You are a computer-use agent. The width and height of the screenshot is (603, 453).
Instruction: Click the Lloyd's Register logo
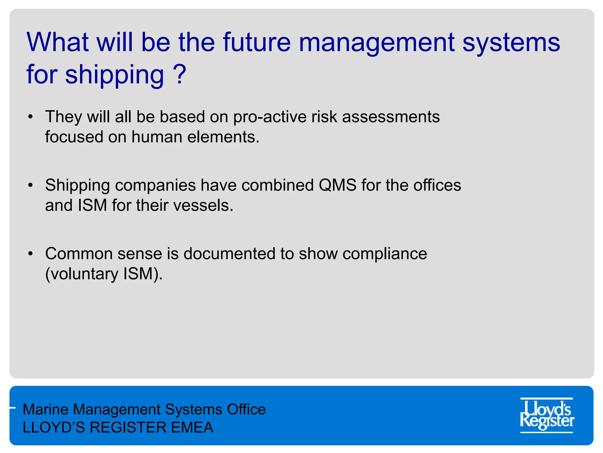547,415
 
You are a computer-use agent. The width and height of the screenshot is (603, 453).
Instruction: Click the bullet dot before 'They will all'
30,117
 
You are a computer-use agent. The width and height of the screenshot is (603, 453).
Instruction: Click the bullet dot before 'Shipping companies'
30,186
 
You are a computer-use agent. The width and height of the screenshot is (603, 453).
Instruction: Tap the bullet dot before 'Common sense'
30,254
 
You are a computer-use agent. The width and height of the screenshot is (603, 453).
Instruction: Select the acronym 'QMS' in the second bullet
337,186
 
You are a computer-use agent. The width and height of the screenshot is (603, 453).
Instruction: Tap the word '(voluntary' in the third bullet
82,274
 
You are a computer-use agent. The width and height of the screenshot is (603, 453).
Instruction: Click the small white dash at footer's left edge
12,408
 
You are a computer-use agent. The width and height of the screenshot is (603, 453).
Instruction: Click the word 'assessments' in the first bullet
391,117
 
